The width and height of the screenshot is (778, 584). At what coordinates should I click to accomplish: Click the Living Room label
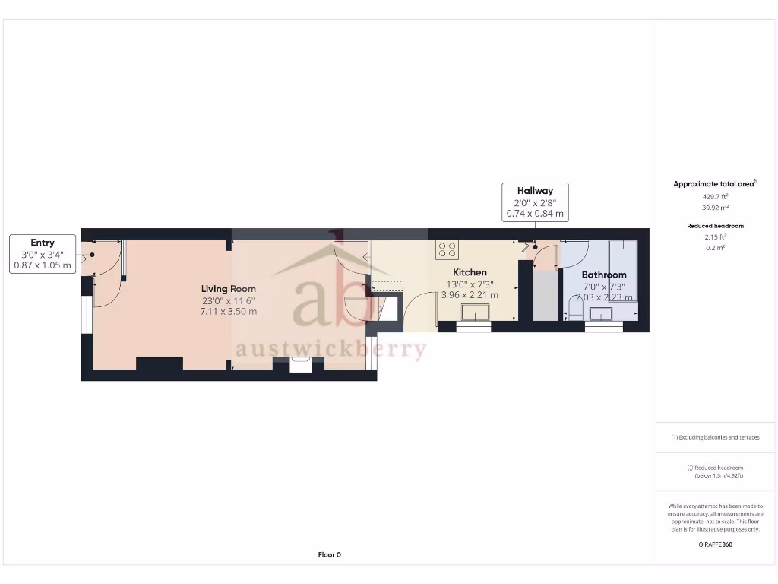[x=228, y=289]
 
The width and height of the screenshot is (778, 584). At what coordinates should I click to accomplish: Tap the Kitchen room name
[x=470, y=272]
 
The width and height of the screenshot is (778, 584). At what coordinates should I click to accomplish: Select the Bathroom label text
[x=604, y=275]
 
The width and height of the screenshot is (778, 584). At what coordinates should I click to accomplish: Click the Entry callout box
[x=43, y=254]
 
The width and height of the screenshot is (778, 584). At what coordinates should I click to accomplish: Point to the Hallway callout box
[x=535, y=202]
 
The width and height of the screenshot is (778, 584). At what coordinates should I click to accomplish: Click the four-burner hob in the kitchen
[x=447, y=249]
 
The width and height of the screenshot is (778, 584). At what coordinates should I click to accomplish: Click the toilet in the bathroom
[x=575, y=308]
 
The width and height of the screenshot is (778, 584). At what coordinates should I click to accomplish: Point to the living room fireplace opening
[x=301, y=365]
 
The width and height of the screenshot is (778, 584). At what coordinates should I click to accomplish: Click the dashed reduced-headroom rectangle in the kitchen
[x=388, y=284]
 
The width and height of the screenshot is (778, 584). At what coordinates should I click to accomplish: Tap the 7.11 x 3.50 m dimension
[x=228, y=311]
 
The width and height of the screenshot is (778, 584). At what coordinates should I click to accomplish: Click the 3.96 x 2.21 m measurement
[x=470, y=295]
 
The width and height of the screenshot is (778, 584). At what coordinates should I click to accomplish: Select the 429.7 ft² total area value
[x=714, y=195]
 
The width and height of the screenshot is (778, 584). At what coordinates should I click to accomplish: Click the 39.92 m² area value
[x=714, y=207]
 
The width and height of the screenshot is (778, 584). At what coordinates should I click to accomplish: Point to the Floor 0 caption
[x=329, y=555]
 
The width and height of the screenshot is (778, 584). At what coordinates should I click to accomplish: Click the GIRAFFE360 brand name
[x=715, y=544]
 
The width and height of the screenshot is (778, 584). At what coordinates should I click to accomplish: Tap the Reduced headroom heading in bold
[x=715, y=226]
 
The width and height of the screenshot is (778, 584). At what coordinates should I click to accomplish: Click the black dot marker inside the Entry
[x=92, y=255]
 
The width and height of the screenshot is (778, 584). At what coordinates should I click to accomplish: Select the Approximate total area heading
[x=714, y=184]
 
